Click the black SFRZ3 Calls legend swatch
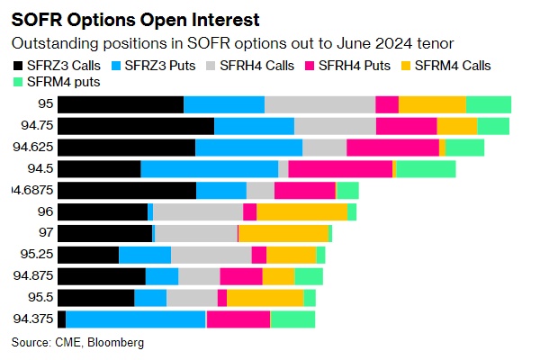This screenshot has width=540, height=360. coord(17,64)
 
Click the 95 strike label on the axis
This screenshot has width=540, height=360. coord(45,104)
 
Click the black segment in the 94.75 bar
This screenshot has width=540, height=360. coord(136,126)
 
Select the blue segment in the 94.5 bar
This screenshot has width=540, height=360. coord(209,168)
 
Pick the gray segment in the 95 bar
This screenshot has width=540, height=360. coord(319,104)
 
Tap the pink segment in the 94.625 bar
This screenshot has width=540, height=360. coord(392,147)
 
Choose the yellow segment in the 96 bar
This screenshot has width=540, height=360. coord(301,211)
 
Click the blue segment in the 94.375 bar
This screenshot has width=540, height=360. coord(136,319)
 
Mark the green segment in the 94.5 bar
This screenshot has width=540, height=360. coord(427,168)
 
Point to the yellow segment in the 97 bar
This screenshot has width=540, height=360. coord(283,233)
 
